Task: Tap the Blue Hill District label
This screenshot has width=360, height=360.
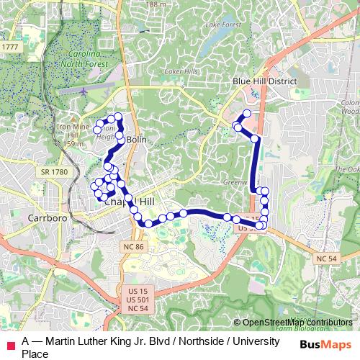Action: [265, 82]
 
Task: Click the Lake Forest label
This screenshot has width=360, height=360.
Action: [220, 24]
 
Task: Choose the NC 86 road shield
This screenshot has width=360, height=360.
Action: [132, 246]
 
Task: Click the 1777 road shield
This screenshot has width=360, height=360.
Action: [10, 47]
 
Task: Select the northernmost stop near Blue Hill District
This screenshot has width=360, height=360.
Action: [247, 114]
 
